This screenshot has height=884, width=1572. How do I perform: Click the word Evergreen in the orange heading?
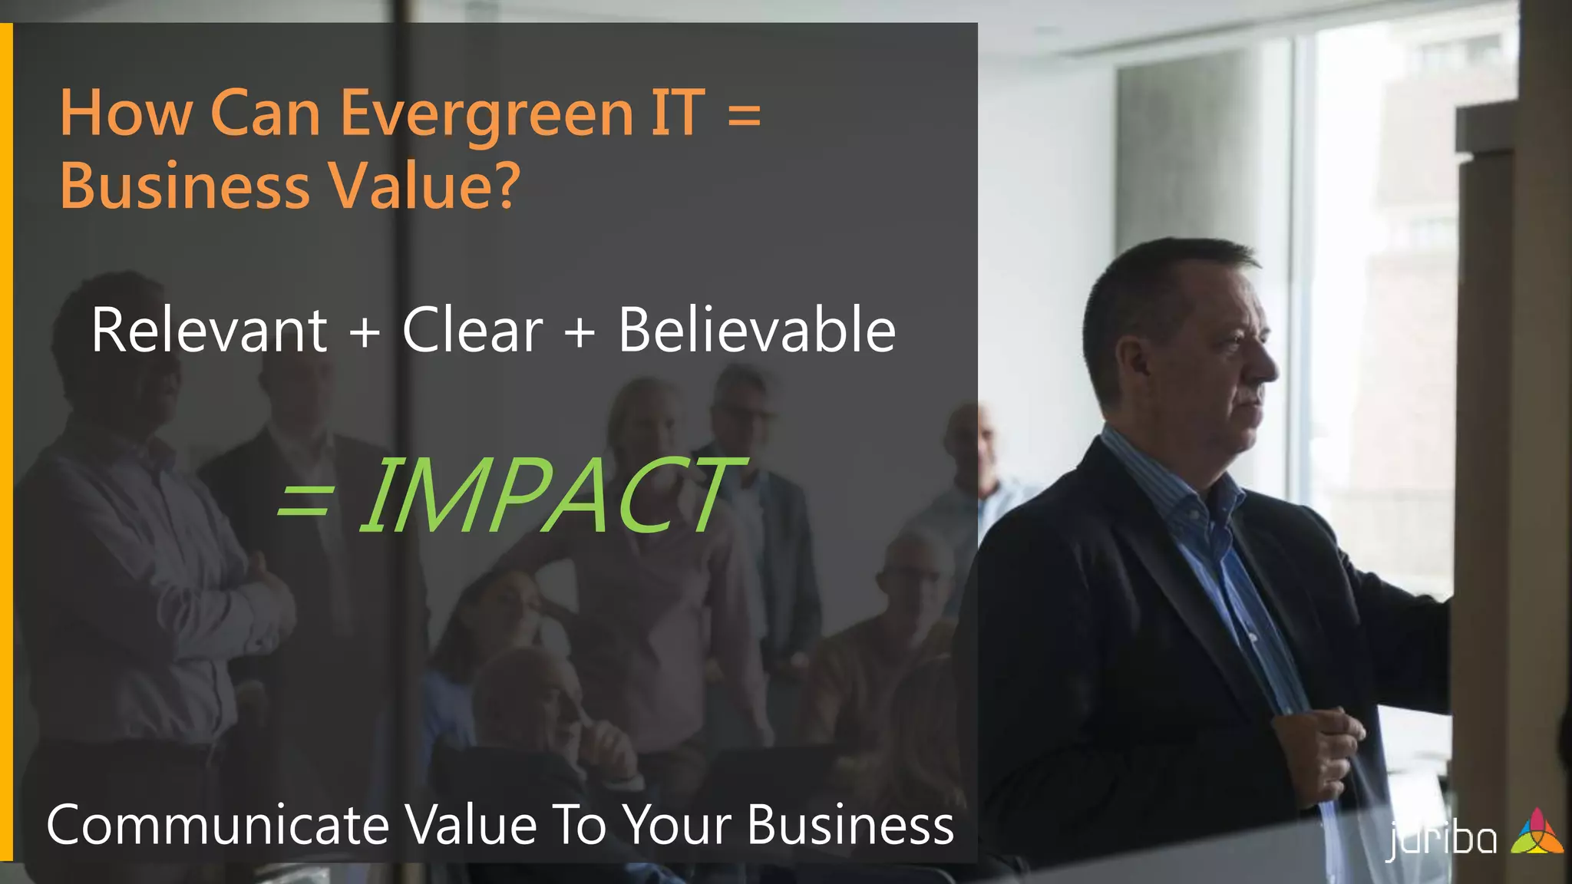tap(486, 114)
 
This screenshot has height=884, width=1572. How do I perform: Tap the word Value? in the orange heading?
tap(424, 186)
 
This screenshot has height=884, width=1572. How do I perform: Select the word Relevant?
tap(209, 330)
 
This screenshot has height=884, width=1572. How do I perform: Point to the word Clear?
tap(472, 330)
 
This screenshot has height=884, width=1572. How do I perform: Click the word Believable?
tap(757, 330)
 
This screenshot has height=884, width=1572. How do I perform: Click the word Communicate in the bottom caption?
tap(218, 826)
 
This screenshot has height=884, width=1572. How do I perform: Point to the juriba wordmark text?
tap(1442, 839)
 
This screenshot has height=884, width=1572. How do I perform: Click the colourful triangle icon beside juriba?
tap(1536, 832)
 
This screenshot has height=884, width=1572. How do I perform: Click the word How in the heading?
tap(126, 114)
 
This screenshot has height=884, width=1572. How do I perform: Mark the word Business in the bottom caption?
tap(850, 826)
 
